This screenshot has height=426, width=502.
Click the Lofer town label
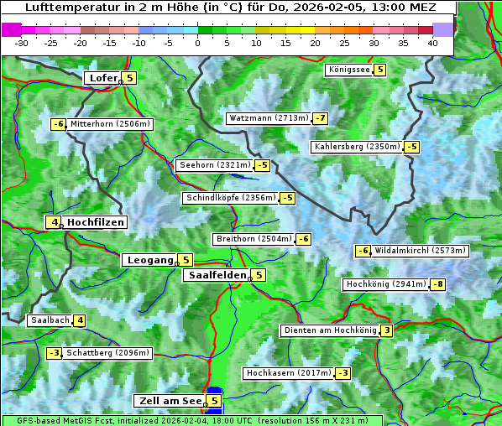(x=102, y=78)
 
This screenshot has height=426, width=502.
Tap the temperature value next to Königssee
(x=379, y=70)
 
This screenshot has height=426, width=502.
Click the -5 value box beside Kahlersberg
(x=411, y=147)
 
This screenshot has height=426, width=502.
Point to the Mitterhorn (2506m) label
(x=110, y=124)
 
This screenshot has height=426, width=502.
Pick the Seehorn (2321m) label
(x=215, y=165)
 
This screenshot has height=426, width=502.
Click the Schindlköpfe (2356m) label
(x=230, y=198)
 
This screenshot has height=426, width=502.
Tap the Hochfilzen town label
(x=96, y=222)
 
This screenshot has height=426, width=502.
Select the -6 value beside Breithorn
(x=303, y=239)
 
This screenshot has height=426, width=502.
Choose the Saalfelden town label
(x=217, y=275)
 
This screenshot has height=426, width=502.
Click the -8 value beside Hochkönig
(x=438, y=284)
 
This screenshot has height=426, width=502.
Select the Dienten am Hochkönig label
(x=329, y=330)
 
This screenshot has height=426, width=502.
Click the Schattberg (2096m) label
(x=108, y=353)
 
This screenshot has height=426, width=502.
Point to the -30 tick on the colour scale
(x=22, y=42)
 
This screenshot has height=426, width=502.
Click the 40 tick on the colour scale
(x=432, y=42)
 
